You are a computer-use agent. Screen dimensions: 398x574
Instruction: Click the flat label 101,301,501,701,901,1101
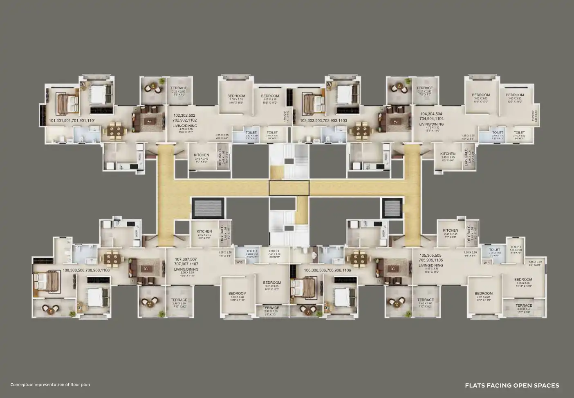[72, 121]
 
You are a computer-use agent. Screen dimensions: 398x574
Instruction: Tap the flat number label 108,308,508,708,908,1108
[86, 271]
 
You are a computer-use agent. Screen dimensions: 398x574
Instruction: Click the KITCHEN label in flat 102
[202, 156]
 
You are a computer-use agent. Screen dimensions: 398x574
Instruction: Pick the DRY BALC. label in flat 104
[466, 157]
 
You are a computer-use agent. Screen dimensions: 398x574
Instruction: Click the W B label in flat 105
[487, 263]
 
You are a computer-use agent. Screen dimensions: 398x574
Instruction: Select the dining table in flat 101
[116, 130]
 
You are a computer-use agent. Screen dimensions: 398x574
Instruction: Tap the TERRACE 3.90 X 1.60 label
[524, 305]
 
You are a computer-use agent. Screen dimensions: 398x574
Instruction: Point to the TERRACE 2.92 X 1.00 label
[271, 308]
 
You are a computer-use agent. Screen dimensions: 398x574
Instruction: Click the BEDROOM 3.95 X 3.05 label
[524, 280]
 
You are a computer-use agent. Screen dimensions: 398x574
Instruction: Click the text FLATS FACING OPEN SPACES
[512, 385]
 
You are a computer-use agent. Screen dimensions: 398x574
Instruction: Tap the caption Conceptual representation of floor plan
[50, 385]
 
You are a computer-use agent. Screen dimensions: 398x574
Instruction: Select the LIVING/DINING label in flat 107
[186, 269]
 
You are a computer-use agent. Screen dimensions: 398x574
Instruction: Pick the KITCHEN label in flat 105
[451, 231]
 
